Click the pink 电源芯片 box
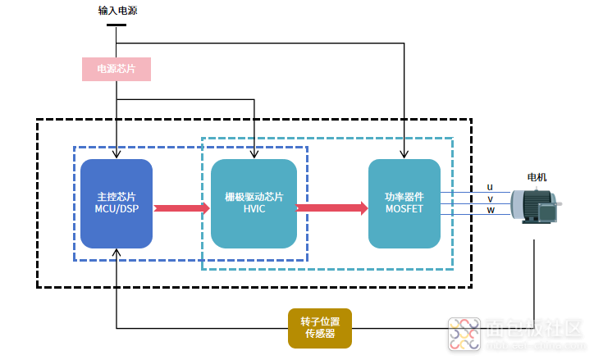pos(117,69)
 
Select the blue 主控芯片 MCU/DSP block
pos(117,203)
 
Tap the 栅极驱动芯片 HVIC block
pos(254,203)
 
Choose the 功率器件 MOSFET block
pos(404,203)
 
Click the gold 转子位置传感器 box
pos(320,328)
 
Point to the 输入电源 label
pos(117,11)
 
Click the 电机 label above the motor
pos(537,177)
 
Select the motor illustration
pos(535,206)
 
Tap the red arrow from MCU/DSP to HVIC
pos(182,207)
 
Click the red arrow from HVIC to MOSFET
pos(331,207)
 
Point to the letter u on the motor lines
pos(490,187)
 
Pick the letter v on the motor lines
pos(490,198)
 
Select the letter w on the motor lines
pos(491,210)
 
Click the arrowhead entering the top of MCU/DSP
pos(117,155)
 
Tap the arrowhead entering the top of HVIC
pos(254,155)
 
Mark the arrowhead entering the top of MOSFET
pos(404,155)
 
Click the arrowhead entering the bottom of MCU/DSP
pos(117,253)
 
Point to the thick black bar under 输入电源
pos(117,25)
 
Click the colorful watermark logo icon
pos(464,335)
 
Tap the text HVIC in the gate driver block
pos(254,209)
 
